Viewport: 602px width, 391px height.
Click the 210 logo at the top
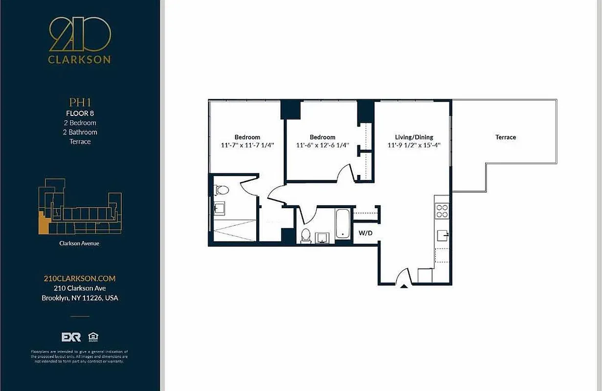[x=80, y=35]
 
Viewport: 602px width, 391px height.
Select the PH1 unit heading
[x=79, y=103]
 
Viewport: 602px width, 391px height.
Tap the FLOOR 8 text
[x=79, y=113]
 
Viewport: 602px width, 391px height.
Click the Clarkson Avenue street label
[x=79, y=243]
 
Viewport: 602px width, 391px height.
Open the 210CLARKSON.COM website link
[x=80, y=278]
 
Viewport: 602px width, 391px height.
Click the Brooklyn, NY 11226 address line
[x=80, y=298]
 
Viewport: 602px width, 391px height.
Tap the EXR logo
[x=71, y=337]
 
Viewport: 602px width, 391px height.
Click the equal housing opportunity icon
[x=92, y=337]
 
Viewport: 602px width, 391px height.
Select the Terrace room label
[x=505, y=137]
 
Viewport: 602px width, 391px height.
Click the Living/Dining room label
[x=414, y=137]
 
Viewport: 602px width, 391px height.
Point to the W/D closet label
[x=365, y=233]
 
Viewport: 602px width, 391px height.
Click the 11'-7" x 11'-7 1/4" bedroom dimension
[x=247, y=145]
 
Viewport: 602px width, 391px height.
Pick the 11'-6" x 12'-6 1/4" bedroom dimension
[x=322, y=145]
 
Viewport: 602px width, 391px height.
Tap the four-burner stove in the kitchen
[x=442, y=211]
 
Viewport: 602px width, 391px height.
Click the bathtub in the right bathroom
[x=342, y=224]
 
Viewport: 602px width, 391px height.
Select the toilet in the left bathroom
[x=222, y=190]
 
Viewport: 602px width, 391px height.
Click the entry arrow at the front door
[x=403, y=285]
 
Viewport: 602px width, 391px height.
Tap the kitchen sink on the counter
[x=443, y=235]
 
